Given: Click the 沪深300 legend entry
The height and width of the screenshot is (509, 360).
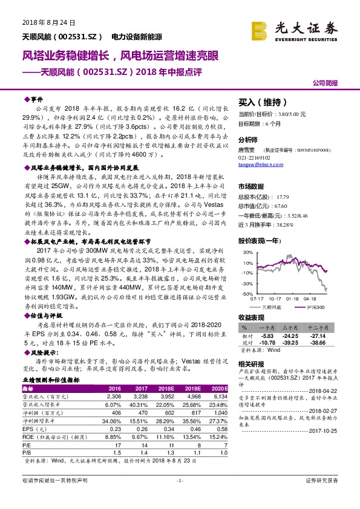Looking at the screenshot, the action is (315, 306).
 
